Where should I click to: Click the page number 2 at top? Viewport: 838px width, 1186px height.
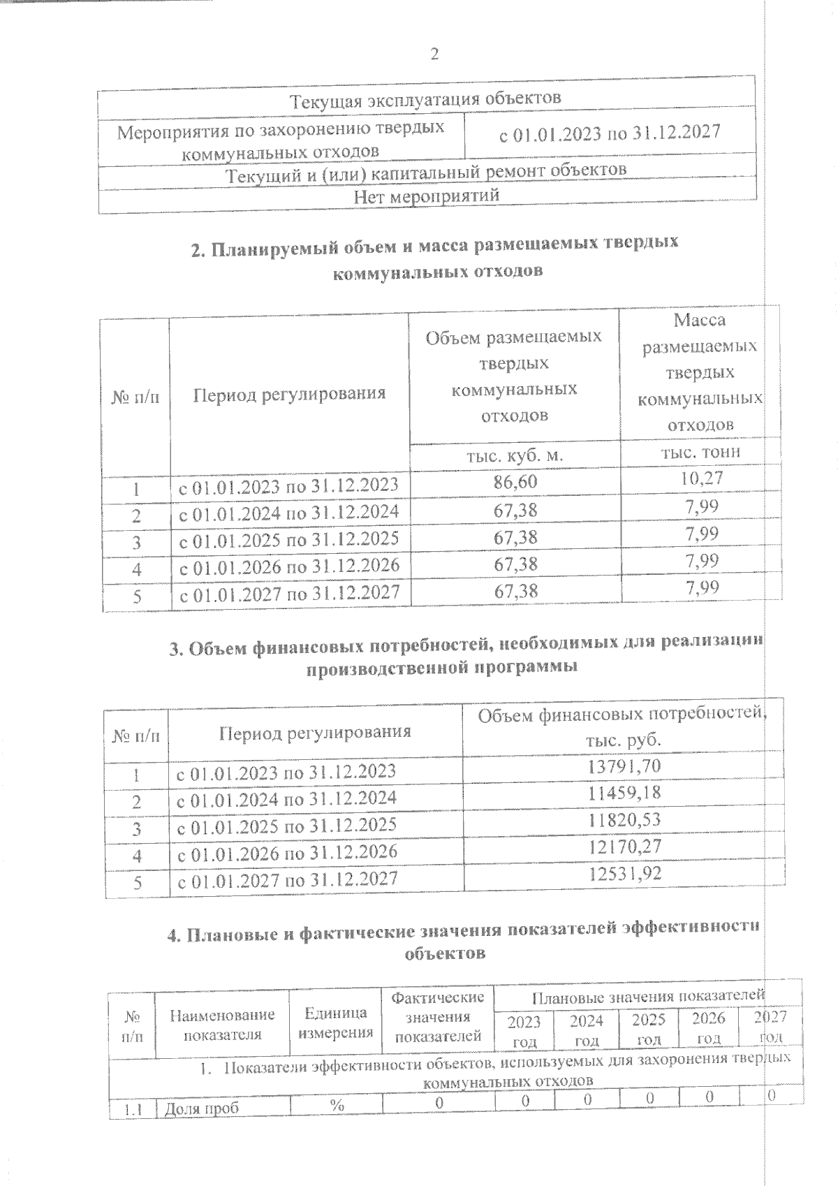tap(434, 54)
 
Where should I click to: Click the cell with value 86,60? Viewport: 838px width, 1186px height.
tap(515, 482)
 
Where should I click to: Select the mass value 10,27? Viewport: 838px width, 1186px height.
tap(701, 478)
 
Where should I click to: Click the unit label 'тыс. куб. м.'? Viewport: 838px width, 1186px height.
tap(515, 455)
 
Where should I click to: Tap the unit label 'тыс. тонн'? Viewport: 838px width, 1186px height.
tap(700, 451)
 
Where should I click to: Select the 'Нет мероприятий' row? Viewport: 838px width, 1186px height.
tap(426, 196)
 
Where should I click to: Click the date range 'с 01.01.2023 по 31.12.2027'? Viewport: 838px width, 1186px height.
tap(609, 133)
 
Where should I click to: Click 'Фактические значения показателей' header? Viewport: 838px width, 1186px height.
tap(437, 1016)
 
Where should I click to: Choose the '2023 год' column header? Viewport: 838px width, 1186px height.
tap(524, 1031)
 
